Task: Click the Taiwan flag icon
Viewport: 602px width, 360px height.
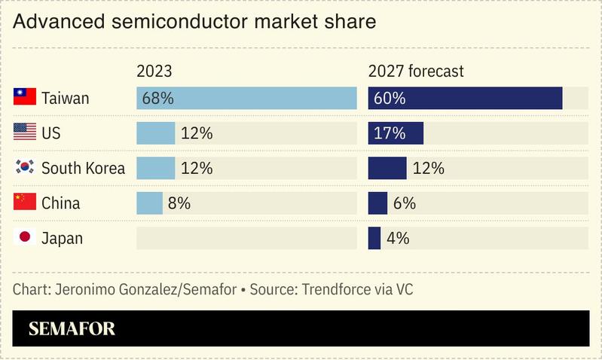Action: [x=25, y=97]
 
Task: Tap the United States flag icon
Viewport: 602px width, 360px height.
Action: [x=25, y=133]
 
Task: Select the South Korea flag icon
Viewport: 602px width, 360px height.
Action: [x=25, y=167]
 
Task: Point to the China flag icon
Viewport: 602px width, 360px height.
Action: [x=25, y=203]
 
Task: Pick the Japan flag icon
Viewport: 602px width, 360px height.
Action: [x=25, y=237]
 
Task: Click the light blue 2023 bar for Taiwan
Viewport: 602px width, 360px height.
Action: [x=246, y=98]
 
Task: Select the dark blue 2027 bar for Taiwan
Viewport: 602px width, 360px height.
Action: [x=465, y=98]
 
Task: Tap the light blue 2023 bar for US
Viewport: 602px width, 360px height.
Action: [x=155, y=133]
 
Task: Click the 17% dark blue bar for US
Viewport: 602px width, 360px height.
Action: [x=396, y=133]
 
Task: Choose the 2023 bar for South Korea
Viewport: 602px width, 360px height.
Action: [x=155, y=168]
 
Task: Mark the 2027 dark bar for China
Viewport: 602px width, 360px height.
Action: [x=377, y=203]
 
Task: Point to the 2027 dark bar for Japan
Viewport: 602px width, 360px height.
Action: [x=374, y=238]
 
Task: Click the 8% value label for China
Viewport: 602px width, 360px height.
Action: [x=179, y=203]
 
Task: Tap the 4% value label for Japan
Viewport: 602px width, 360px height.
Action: [x=398, y=238]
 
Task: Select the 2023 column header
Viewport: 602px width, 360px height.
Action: [x=154, y=72]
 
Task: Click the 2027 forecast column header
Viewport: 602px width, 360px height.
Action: [x=416, y=72]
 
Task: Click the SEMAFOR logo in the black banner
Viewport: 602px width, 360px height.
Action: [x=72, y=328]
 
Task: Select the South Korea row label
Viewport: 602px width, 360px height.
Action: [x=83, y=168]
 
